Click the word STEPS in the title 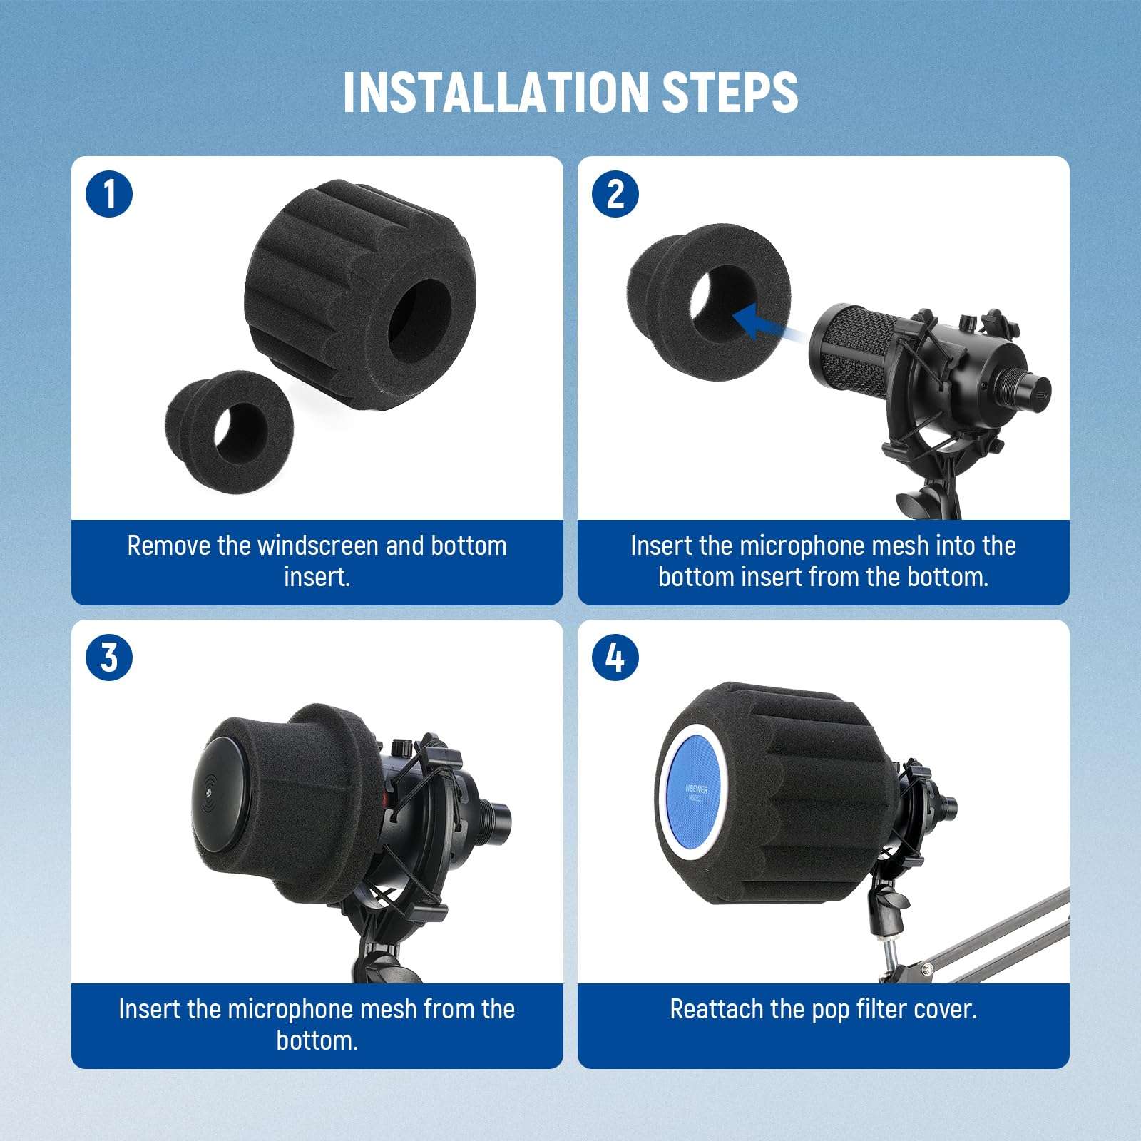730,92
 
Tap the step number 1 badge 109,193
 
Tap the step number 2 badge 615,193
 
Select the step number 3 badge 109,657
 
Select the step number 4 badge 615,657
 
